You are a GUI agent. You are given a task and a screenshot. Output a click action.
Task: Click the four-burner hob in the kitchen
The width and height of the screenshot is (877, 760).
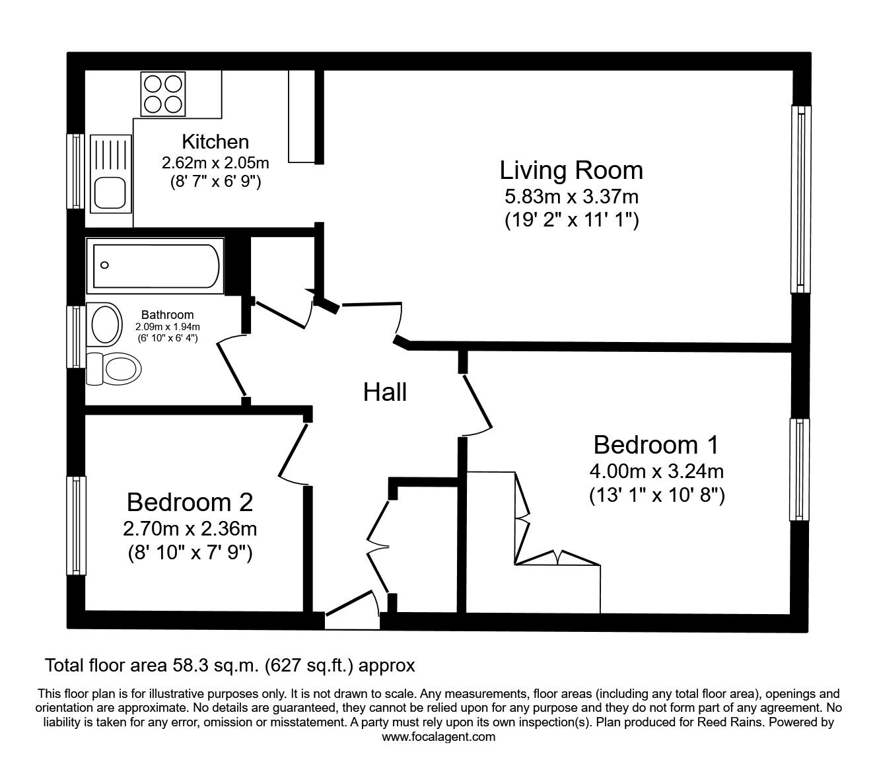pyautogui.click(x=161, y=94)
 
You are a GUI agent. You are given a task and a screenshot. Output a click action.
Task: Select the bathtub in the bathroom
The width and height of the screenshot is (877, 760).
pyautogui.click(x=155, y=266)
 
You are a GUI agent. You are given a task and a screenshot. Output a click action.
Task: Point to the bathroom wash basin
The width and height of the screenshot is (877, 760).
pyautogui.click(x=104, y=324)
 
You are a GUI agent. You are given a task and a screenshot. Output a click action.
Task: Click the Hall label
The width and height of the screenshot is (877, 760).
pyautogui.click(x=385, y=392)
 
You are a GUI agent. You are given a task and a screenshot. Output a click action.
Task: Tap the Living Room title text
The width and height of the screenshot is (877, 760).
pyautogui.click(x=571, y=170)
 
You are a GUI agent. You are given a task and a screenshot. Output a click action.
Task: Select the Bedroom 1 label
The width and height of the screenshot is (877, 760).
pyautogui.click(x=656, y=444)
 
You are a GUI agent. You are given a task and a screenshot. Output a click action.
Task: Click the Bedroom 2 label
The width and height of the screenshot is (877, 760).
pyautogui.click(x=190, y=502)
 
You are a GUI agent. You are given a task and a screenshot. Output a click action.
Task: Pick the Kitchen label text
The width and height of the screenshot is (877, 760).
pyautogui.click(x=215, y=141)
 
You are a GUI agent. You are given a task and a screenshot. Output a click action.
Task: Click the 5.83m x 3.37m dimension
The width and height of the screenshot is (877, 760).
pyautogui.click(x=571, y=196)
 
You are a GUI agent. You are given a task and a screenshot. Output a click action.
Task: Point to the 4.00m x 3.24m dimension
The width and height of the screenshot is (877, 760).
pyautogui.click(x=656, y=471)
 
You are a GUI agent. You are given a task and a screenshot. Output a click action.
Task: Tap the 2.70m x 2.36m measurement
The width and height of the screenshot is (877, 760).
pyautogui.click(x=190, y=529)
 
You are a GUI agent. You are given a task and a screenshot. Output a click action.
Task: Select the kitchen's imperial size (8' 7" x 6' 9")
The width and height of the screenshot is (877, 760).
pyautogui.click(x=215, y=181)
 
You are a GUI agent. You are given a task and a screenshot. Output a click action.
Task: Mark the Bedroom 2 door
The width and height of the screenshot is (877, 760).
pyautogui.click(x=292, y=452)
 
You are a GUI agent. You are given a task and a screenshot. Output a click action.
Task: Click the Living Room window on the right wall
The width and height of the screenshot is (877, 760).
pyautogui.click(x=800, y=199)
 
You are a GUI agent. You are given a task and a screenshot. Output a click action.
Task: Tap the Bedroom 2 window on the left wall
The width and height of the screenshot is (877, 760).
pyautogui.click(x=77, y=526)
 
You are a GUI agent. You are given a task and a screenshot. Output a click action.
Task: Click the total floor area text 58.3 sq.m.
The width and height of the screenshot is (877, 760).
pyautogui.click(x=230, y=665)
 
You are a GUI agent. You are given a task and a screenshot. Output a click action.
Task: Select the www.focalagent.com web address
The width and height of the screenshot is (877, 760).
pyautogui.click(x=438, y=737)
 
